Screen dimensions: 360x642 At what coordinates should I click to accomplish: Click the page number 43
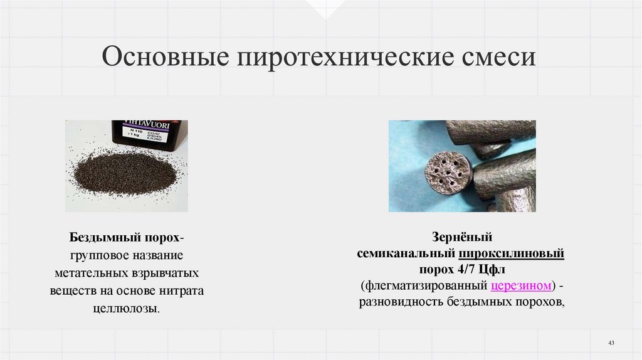(611, 342)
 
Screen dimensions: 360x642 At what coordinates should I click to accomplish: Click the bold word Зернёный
(462, 237)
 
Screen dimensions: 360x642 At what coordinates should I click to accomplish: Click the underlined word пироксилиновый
(512, 253)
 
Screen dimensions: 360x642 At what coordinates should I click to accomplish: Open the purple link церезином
(520, 286)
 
